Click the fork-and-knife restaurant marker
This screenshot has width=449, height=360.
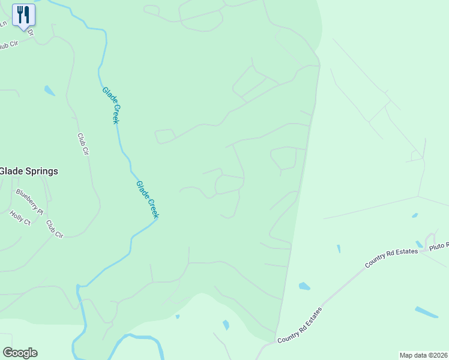tap(24, 14)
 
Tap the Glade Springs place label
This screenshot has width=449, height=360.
tap(29, 171)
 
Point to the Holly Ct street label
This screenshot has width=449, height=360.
tap(20, 217)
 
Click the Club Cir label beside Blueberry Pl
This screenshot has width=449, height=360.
tap(55, 229)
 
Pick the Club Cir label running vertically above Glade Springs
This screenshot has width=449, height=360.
tap(83, 145)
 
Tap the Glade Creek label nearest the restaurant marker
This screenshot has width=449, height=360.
tap(110, 105)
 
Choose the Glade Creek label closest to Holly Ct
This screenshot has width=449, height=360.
tap(147, 199)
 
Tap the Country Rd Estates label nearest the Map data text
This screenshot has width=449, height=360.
tap(300, 326)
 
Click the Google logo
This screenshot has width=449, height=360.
tap(20, 353)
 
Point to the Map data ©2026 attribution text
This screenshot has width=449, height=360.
tap(424, 355)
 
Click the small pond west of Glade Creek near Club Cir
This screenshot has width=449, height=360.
tap(49, 91)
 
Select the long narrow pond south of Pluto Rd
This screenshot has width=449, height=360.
tap(426, 312)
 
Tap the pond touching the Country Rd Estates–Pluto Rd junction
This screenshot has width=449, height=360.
tap(419, 244)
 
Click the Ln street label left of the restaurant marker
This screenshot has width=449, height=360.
tap(3, 23)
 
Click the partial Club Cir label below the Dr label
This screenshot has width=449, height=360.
tap(9, 45)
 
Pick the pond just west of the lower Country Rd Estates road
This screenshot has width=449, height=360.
tap(304, 286)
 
